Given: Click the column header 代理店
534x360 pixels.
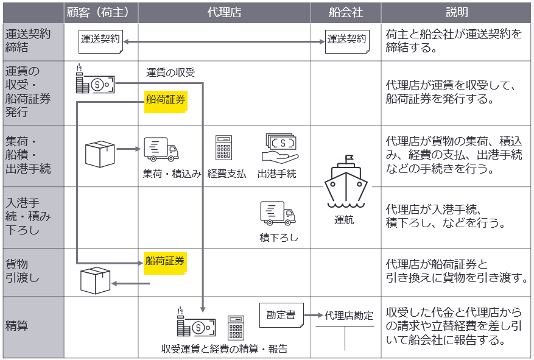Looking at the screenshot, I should pyautogui.click(x=224, y=12).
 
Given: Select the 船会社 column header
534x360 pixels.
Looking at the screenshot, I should pyautogui.click(x=345, y=12).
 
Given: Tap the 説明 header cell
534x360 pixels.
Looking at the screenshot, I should pyautogui.click(x=457, y=12).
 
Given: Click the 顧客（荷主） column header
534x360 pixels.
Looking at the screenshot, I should pyautogui.click(x=101, y=12).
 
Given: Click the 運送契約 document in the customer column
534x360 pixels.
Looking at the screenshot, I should pyautogui.click(x=101, y=40).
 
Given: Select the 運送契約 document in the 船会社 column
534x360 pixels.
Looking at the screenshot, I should pyautogui.click(x=346, y=40).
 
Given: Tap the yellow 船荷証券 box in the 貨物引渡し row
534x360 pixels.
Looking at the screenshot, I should pyautogui.click(x=165, y=262).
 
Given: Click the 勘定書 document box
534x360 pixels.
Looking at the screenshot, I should pyautogui.click(x=281, y=316).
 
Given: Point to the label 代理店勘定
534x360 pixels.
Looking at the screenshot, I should pyautogui.click(x=349, y=316).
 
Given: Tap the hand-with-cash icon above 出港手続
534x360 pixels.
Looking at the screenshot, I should pyautogui.click(x=280, y=148).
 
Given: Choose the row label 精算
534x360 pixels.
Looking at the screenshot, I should pyautogui.click(x=16, y=326).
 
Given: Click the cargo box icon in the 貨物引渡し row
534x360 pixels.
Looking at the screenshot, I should pyautogui.click(x=96, y=281).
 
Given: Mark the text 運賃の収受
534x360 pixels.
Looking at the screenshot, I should pyautogui.click(x=170, y=73).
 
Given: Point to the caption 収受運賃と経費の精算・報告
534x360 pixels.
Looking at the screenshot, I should pyautogui.click(x=224, y=349).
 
